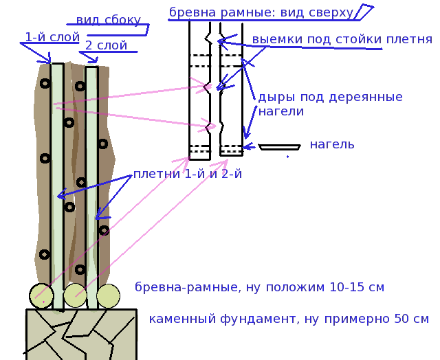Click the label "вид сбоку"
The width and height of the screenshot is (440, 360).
coord(108,20)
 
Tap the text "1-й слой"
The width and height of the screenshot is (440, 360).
coord(52,37)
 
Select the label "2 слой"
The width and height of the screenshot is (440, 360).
coord(106,46)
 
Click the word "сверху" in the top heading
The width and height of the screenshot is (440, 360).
coord(330,12)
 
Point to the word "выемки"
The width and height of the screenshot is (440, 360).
coord(274,40)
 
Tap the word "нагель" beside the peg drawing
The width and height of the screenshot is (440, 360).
coord(332,144)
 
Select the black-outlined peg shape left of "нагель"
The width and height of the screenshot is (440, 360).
coord(279,147)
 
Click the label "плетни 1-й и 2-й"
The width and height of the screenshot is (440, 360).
coord(187,174)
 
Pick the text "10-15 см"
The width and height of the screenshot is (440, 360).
coord(355,287)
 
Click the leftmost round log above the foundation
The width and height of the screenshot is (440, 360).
coord(42,296)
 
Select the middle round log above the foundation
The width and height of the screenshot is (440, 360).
coord(75,296)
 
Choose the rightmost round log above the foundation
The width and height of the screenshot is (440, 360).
coord(108,296)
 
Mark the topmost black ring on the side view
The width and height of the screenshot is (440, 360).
coord(45,84)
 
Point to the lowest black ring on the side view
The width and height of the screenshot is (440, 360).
coord(80,269)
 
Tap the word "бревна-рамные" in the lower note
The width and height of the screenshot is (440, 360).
coord(184,287)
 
